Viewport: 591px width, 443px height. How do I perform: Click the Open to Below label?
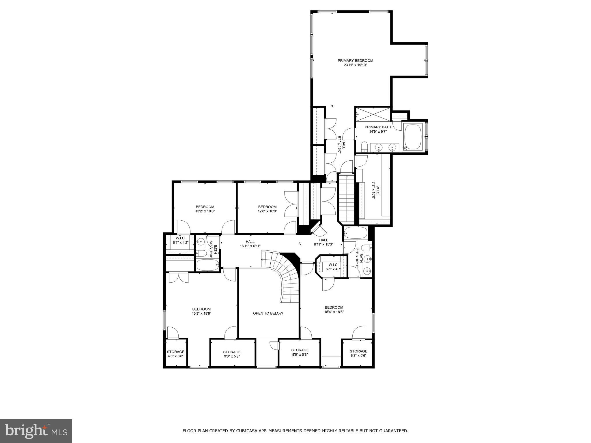[268, 313]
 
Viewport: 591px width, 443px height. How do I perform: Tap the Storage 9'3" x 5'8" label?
[232, 352]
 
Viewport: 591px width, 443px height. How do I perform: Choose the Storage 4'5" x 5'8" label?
[175, 352]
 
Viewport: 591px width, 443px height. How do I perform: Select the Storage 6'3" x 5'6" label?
[358, 351]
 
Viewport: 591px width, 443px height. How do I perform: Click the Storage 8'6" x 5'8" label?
[300, 350]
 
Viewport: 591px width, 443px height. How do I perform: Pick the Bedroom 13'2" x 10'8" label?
[205, 207]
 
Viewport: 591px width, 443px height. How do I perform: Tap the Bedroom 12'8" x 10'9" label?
[267, 207]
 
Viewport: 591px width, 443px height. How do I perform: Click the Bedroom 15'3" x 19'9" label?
[201, 309]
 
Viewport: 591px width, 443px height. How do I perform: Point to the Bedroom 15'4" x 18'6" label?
[334, 307]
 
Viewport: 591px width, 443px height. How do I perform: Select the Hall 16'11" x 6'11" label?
[250, 242]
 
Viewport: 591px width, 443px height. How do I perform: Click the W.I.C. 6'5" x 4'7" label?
[333, 265]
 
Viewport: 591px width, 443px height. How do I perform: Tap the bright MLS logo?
[36, 431]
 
